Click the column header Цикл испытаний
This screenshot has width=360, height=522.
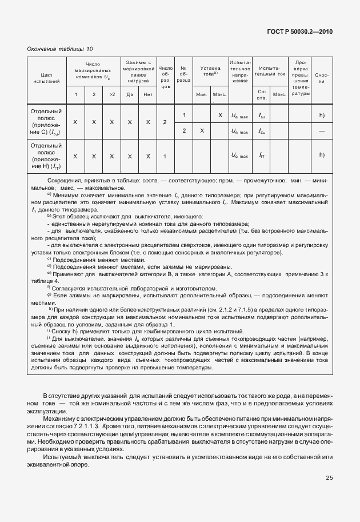click(47, 78)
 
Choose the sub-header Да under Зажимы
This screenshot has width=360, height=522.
click(130, 94)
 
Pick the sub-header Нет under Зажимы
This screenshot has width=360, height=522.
click(147, 94)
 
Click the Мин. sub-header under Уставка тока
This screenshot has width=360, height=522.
click(201, 94)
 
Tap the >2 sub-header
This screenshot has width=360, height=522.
click(112, 94)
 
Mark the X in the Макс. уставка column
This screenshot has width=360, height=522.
click(220, 115)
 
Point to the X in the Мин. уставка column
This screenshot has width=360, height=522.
click(202, 131)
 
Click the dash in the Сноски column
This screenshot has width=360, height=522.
click(322, 131)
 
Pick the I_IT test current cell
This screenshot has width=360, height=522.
click(262, 156)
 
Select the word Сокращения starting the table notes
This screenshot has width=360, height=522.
click(63, 181)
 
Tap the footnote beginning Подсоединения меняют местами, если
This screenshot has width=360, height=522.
click(143, 266)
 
